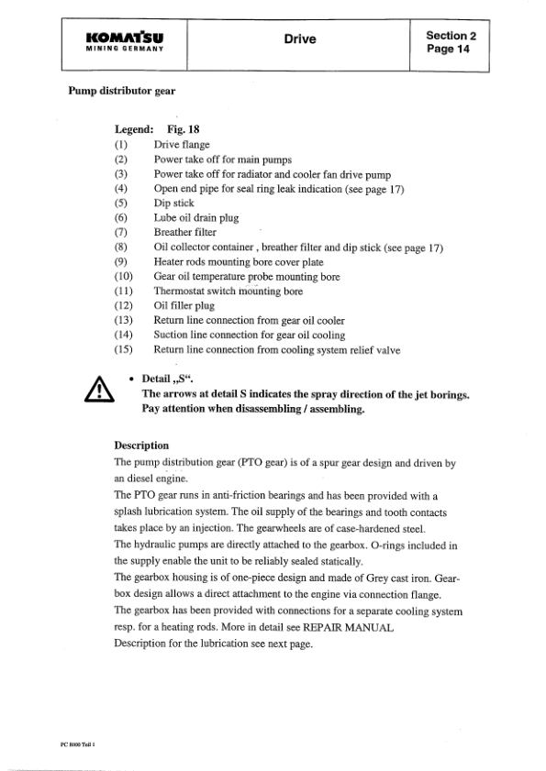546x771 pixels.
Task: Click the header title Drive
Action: coord(299,39)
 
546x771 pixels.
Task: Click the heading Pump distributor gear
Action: coord(122,92)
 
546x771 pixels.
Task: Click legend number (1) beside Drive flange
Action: coord(121,145)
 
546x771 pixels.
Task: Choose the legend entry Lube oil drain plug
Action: coord(194,218)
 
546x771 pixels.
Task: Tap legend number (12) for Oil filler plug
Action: coord(124,306)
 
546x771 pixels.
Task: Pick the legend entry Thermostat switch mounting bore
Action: coord(228,292)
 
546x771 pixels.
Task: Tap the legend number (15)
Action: coord(124,350)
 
